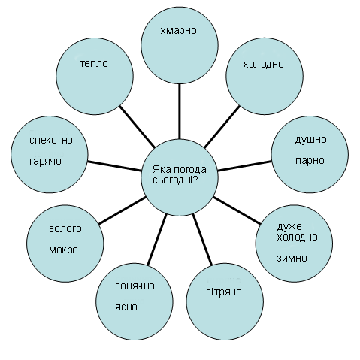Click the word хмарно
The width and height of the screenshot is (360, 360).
tap(178, 31)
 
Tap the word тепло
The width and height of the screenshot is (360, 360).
tap(94, 63)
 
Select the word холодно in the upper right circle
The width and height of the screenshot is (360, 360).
tap(263, 64)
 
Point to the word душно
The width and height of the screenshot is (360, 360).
tap(310, 140)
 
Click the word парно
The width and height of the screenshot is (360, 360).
tap(310, 160)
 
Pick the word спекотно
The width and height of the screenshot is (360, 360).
tap(51, 140)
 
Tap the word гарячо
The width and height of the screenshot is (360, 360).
tap(45, 161)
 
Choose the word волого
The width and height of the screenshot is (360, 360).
tap(65, 229)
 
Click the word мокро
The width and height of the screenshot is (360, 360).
tap(63, 250)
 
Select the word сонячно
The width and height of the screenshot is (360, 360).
tap(135, 286)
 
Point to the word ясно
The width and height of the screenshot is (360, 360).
tap(126, 307)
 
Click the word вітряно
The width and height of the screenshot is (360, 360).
tap(224, 292)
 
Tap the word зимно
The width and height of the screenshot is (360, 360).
tap(292, 258)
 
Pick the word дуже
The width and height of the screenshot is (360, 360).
tap(289, 227)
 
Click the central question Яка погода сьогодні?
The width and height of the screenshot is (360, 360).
tap(180, 174)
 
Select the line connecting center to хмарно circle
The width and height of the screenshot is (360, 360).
tap(180, 111)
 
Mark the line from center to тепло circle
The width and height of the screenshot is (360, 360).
tap(137, 126)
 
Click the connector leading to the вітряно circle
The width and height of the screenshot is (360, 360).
tap(202, 240)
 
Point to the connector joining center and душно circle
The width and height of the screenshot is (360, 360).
tap(245, 166)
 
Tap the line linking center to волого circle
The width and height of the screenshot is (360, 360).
tap(123, 210)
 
